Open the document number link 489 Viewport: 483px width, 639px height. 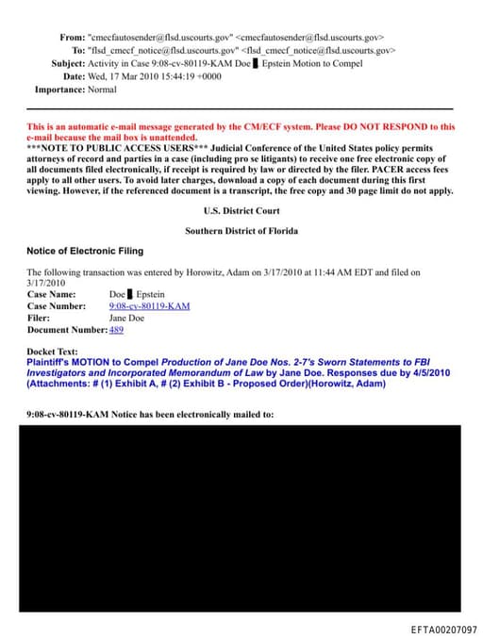[116, 330]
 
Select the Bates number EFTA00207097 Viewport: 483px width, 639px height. [443, 629]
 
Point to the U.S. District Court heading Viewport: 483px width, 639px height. [241, 211]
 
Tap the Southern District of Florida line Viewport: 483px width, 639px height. [241, 231]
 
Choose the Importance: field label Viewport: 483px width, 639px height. [61, 90]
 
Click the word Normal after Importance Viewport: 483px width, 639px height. [103, 90]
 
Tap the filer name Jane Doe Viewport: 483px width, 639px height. [127, 318]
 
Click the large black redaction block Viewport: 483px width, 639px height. [241, 517]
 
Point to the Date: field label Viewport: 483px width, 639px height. [74, 76]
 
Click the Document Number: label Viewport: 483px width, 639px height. [67, 330]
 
